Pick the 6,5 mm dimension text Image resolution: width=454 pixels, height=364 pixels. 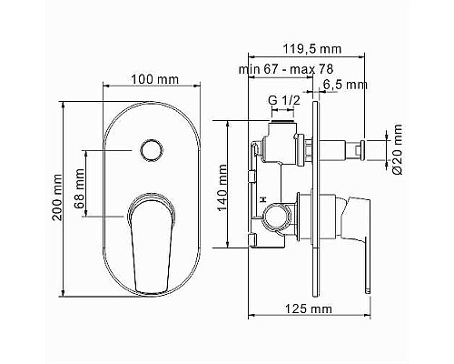pos(345,85)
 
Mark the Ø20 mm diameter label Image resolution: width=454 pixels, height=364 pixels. pos(397,150)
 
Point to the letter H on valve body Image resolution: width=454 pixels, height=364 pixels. pos(262,199)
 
